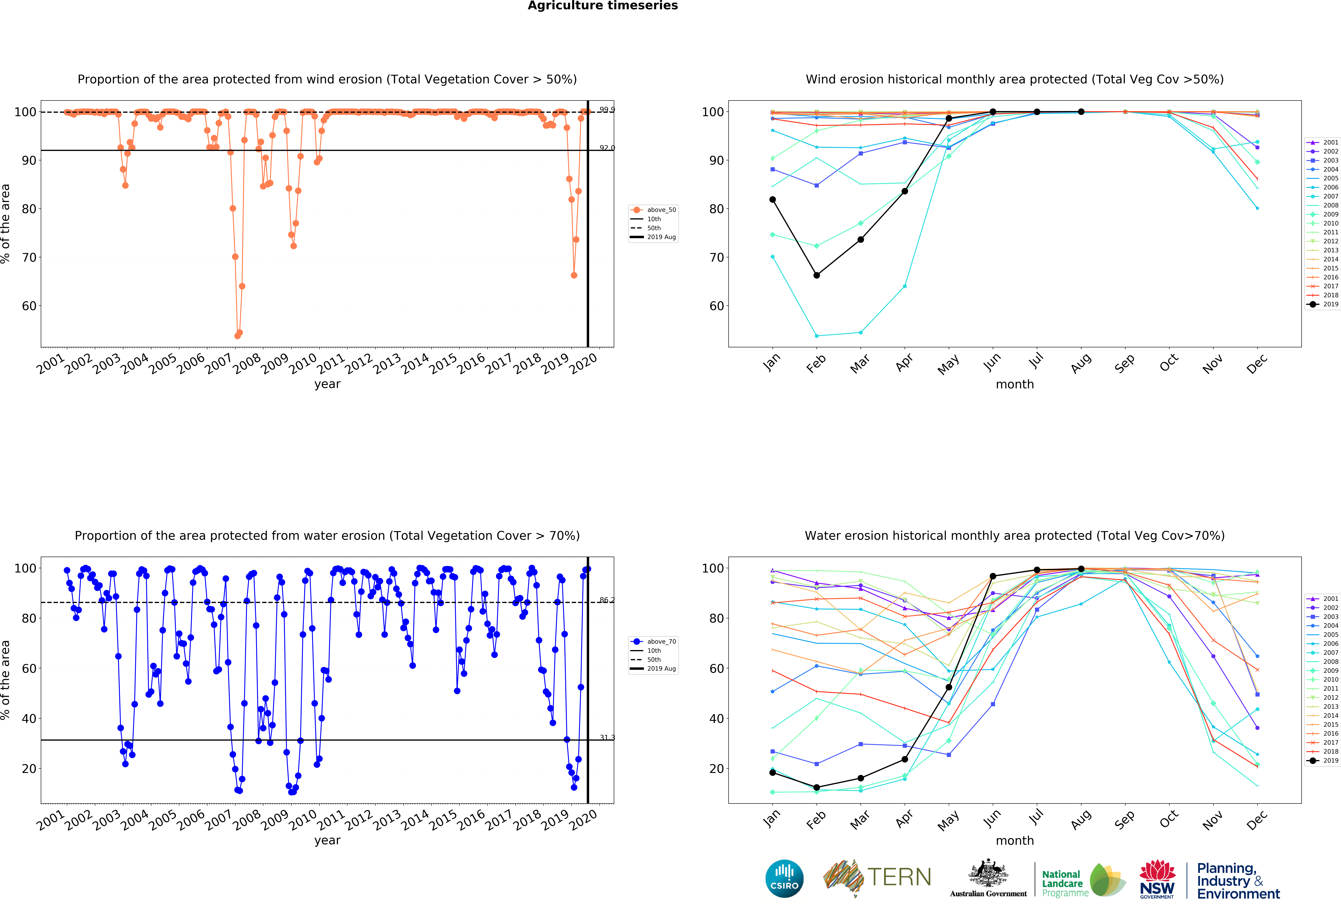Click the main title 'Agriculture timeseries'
(x=602, y=6)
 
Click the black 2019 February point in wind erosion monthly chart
(x=817, y=275)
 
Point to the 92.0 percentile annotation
(x=606, y=148)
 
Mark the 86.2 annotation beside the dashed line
(x=606, y=600)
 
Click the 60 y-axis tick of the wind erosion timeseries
(x=29, y=306)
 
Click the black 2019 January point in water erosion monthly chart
(x=773, y=773)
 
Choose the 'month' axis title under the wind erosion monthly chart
(x=1014, y=384)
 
